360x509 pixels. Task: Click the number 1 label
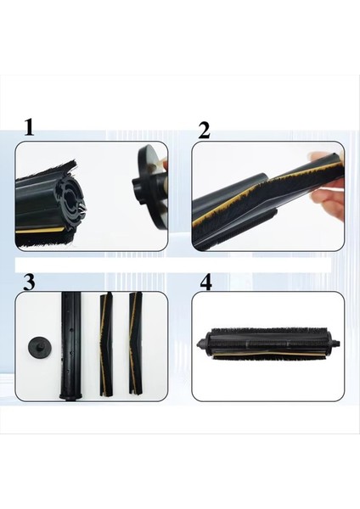[29, 128]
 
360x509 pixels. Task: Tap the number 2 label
[204, 130]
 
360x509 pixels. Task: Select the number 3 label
[29, 282]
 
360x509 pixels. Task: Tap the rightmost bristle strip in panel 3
[134, 344]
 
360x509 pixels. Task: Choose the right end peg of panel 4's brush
[335, 344]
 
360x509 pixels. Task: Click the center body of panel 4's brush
[267, 344]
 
